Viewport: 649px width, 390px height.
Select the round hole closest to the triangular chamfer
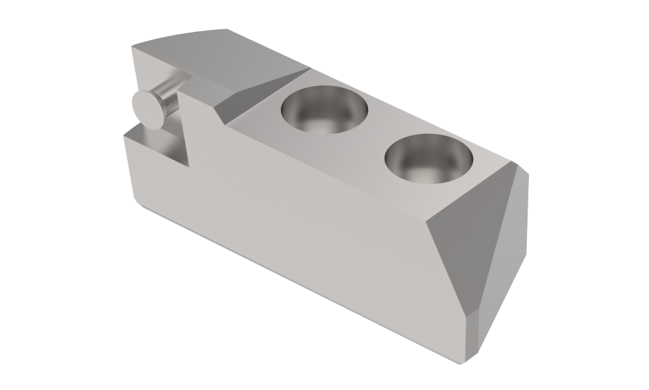(428, 159)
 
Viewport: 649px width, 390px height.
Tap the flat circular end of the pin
(149, 109)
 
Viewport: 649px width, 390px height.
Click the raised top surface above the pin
(214, 52)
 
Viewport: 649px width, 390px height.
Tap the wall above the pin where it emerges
(156, 71)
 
